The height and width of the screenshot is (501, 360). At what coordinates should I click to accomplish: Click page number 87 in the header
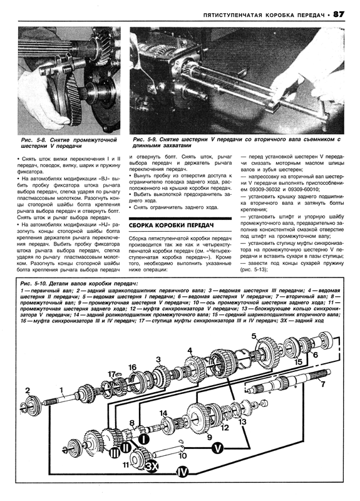pos(339,14)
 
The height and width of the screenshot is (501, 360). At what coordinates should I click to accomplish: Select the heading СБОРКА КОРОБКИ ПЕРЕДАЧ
pos(171,225)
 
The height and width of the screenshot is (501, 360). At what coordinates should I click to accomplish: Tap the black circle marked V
pos(218,448)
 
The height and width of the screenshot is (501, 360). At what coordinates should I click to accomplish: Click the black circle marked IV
pos(183,472)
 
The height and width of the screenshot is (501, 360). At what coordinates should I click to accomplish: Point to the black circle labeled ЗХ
pos(152,466)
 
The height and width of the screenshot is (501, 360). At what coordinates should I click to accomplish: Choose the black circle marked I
pos(143,439)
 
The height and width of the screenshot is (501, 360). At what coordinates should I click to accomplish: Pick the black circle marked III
pos(115,453)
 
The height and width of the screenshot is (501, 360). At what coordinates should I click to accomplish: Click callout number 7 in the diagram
pos(322,383)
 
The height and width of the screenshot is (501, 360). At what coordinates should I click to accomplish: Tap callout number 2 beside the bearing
pos(28,390)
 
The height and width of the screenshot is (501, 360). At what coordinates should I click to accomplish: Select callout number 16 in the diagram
pos(133,368)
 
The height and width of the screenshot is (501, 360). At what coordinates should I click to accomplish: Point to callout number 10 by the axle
pos(182,455)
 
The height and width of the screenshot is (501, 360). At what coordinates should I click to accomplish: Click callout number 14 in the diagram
pos(163,413)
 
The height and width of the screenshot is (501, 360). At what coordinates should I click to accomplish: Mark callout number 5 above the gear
pos(254,336)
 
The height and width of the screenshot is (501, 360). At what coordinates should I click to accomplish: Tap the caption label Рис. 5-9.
pos(145,140)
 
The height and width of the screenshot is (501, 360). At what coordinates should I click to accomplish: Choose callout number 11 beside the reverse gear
pos(126,465)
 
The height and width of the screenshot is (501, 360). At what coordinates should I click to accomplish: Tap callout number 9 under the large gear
pos(210,436)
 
